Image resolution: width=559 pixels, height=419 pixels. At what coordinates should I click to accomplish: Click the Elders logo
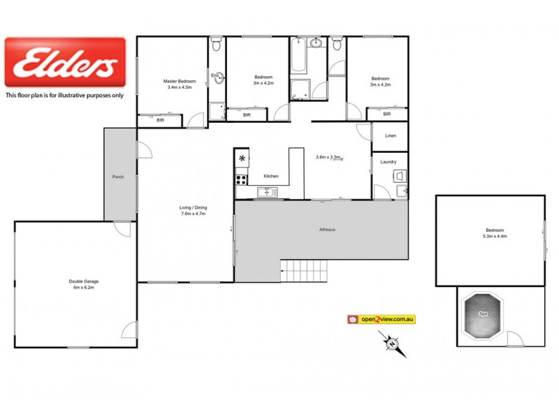pos(65,62)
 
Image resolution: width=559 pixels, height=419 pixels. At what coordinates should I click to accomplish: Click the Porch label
pos(118,177)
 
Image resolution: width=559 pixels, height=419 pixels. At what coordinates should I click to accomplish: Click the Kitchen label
pos(270,176)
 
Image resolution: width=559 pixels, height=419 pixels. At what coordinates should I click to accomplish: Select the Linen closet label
pos(390,135)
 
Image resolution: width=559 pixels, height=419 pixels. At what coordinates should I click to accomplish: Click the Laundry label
pos(389,162)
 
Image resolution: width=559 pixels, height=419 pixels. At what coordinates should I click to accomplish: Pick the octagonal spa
pos(482,316)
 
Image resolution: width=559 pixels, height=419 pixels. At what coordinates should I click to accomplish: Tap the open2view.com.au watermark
pos(382,319)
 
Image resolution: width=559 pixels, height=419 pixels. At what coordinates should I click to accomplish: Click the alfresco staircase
pos(304,271)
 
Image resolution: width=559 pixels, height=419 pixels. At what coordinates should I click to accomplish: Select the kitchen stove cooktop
pos(241,179)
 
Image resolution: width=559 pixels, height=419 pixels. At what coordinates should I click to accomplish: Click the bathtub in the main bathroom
pos(298,59)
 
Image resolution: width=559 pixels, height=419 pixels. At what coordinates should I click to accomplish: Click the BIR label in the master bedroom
pos(160,120)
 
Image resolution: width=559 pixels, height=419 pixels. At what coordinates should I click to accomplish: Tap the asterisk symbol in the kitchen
pos(242,159)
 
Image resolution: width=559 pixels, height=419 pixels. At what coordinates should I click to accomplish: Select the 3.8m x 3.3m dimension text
pos(329,157)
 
